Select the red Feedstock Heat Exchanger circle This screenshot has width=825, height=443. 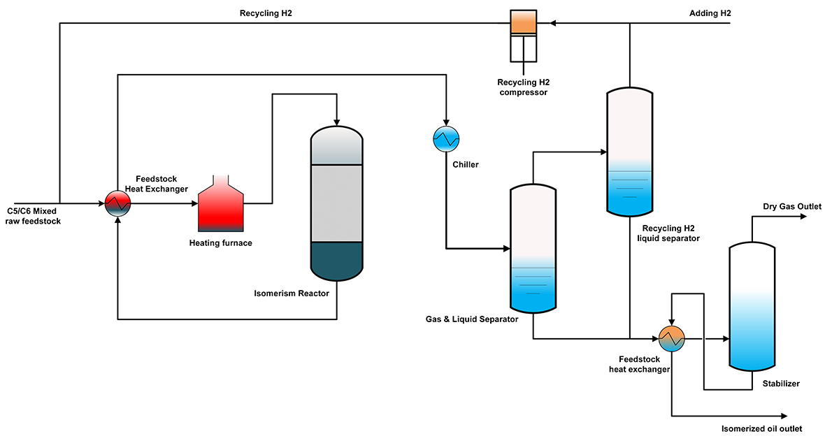coord(117,203)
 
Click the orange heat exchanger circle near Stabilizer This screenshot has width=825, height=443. coord(671,339)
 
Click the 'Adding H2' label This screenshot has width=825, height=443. coord(710,13)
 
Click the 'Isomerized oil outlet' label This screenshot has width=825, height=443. coord(761,428)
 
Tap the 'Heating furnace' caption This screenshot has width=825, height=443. coord(220,243)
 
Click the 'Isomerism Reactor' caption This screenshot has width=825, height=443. coord(292,293)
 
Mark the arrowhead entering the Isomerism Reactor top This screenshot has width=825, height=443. coord(336,121)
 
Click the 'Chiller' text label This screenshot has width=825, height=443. coord(465,165)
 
